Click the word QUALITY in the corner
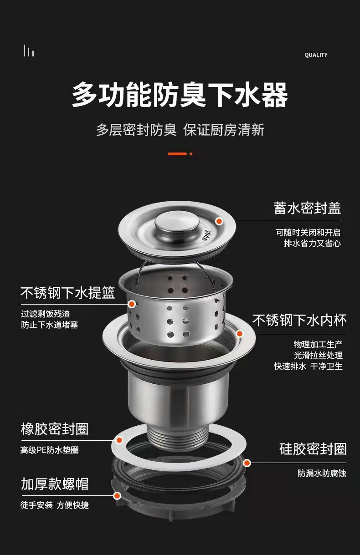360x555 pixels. (316, 55)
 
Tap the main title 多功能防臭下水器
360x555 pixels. (180, 95)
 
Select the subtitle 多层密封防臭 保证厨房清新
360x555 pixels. (180, 130)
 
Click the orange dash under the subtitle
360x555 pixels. (177, 154)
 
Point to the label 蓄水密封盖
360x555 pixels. (307, 208)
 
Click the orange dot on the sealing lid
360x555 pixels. (219, 221)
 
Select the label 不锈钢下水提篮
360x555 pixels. (68, 293)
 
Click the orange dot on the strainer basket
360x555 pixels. (132, 304)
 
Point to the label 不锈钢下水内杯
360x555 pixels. (299, 320)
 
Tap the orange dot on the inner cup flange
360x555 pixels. (240, 334)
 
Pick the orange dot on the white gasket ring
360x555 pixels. (119, 440)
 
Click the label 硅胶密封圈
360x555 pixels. (313, 449)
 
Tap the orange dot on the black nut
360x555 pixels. (117, 496)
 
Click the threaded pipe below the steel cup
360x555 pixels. (178, 438)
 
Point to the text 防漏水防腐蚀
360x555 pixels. (322, 474)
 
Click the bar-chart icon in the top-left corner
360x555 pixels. (29, 51)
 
